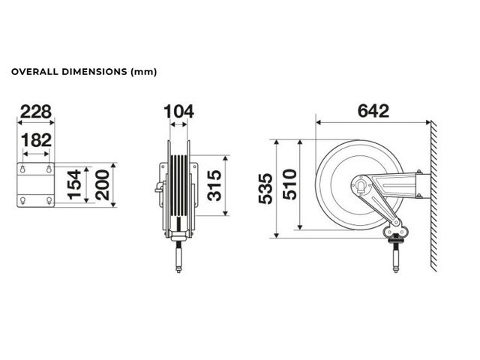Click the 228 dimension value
36,112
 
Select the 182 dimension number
36,140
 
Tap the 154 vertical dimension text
74,184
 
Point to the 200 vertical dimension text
102,185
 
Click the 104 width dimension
178,112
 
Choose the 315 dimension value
214,185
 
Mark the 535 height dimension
265,189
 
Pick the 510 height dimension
289,184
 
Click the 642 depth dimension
373,111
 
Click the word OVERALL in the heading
34,72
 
